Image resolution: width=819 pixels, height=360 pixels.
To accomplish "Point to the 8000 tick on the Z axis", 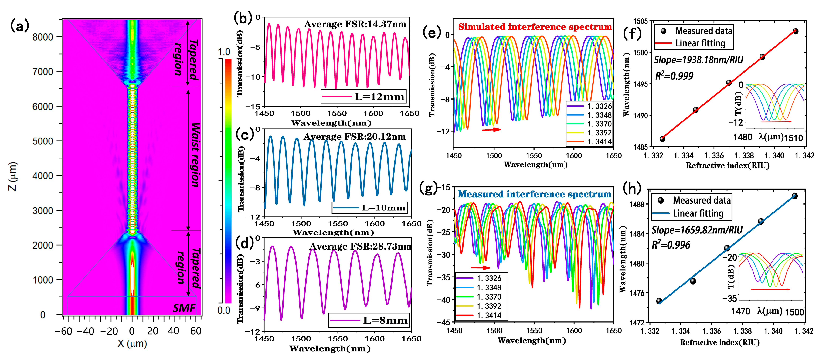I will click(x=43, y=37).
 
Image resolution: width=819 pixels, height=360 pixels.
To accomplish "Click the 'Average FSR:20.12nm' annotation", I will click(x=355, y=137).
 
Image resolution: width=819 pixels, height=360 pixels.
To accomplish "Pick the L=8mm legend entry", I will click(x=369, y=320).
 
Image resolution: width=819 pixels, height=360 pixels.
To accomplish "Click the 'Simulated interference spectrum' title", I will click(x=535, y=27).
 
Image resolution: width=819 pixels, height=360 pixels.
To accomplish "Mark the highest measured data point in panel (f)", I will click(x=795, y=31).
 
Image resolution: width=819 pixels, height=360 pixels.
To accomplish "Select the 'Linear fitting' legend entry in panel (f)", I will click(x=693, y=43).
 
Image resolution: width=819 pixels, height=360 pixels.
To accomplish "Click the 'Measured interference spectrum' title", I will click(x=534, y=194).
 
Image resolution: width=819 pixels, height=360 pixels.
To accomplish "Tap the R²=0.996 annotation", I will click(x=671, y=245).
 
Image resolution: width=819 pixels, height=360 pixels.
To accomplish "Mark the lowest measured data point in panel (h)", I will click(x=659, y=301).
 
